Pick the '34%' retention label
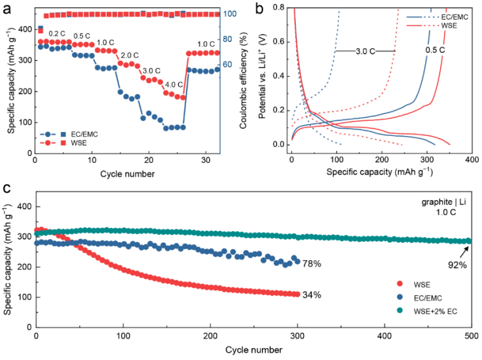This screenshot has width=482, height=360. click(312, 295)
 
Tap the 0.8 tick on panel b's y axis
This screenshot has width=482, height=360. click(278, 7)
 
